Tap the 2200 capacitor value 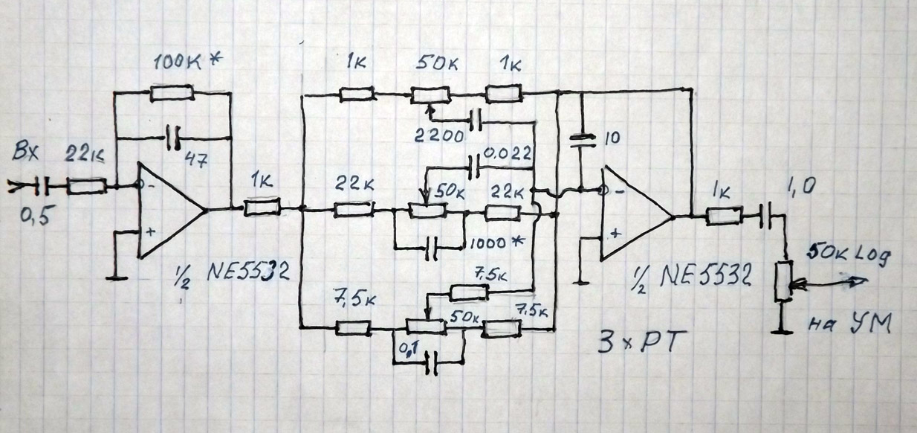441,136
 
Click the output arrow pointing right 855,281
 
